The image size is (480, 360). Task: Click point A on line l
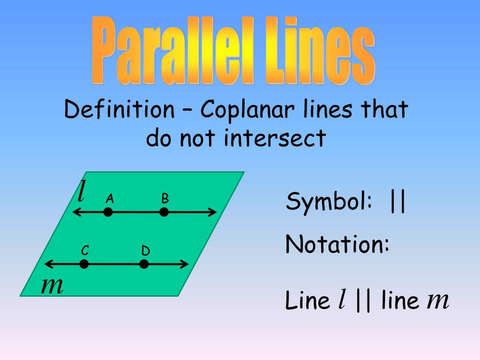pos(108,212)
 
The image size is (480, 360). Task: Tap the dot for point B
pos(164,212)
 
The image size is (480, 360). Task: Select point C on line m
pos(84,264)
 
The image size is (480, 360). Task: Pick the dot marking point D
pos(144,264)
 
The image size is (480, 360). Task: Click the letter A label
pos(110,199)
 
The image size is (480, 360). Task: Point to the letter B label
pos(165,199)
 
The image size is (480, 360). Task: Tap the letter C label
pos(85,251)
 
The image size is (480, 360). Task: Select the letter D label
pos(145,251)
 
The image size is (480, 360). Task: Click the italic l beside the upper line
pos(82,191)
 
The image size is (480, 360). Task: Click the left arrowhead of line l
pos(75,212)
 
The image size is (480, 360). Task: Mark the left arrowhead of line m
pos(46,264)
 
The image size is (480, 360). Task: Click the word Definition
pos(119,110)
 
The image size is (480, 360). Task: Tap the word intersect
pos(274,138)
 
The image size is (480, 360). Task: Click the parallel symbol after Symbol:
pos(397,202)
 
